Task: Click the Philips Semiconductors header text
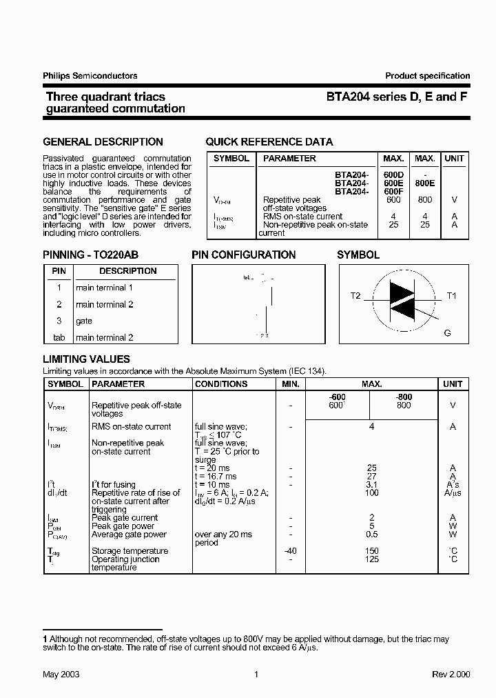(90, 76)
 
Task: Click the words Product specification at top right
(427, 76)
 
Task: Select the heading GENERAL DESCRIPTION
(103, 142)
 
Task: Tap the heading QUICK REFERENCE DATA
(269, 142)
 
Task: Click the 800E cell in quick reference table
(424, 183)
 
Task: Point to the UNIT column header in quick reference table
(454, 159)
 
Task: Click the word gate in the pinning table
(84, 321)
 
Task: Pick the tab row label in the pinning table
(59, 337)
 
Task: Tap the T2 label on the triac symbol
(355, 296)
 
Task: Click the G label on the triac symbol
(447, 333)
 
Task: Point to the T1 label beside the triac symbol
(452, 296)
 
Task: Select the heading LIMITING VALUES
(86, 359)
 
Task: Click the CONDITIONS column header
(221, 384)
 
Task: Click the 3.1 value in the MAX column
(371, 484)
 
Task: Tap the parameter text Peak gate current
(125, 517)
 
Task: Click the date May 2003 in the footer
(61, 674)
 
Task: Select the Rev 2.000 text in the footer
(451, 674)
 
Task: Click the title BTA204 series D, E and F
(397, 97)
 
